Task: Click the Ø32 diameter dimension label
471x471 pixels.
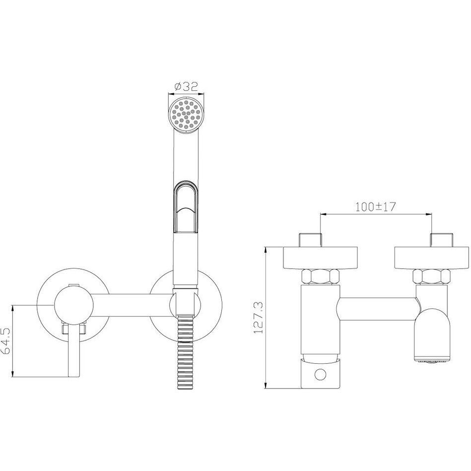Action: (x=186, y=86)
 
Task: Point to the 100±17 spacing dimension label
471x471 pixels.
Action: (x=376, y=206)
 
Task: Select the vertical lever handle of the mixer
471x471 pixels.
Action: (x=74, y=350)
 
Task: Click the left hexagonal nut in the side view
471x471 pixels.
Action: (x=321, y=276)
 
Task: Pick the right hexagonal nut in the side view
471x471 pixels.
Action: (x=431, y=276)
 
